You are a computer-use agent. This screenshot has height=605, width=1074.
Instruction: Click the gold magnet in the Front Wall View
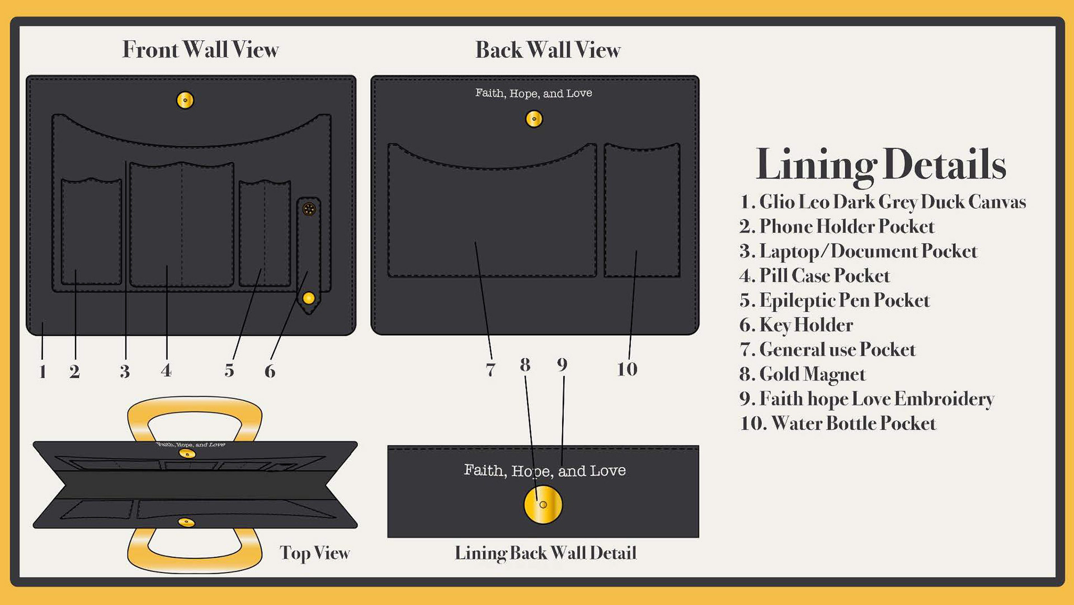coord(185,100)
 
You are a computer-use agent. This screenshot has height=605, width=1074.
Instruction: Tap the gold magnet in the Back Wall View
coord(534,119)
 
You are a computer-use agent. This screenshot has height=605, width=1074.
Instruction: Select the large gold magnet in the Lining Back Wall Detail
coord(543,504)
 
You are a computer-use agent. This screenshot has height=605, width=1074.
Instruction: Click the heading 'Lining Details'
coord(880,165)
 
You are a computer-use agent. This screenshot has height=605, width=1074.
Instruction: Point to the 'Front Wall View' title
coord(200,49)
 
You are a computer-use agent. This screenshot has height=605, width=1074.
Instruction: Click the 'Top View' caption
coord(314,553)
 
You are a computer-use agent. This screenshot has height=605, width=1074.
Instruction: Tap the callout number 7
coord(491,369)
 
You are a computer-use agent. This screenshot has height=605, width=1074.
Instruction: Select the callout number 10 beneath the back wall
coord(626,369)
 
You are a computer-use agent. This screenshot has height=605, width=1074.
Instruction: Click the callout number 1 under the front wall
coord(43,371)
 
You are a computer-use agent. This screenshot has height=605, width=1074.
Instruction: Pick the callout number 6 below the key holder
coord(270,370)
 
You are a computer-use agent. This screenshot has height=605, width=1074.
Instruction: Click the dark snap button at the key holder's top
coord(309,209)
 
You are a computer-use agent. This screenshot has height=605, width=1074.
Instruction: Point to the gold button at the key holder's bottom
coord(309,298)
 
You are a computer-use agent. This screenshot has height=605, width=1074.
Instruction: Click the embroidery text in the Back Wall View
coord(534,93)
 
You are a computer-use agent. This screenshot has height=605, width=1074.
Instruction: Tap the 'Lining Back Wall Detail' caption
coord(545,553)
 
